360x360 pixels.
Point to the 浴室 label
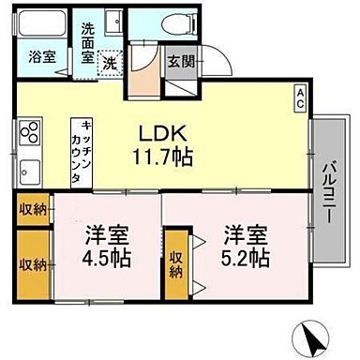click(x=42, y=55)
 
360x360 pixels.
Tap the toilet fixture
click(x=173, y=25)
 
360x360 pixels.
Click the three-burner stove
click(x=31, y=131)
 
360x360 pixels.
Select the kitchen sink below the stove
click(x=29, y=172)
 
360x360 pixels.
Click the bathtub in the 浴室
click(x=43, y=23)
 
